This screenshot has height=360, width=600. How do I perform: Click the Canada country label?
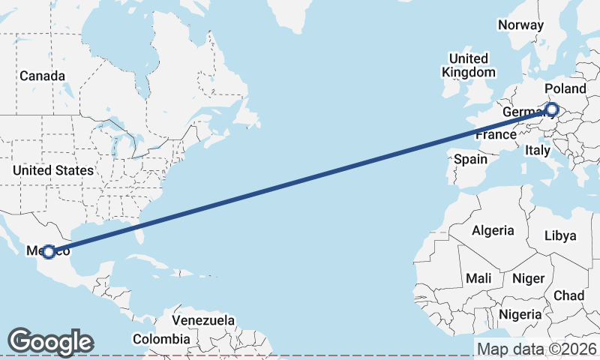click(x=42, y=76)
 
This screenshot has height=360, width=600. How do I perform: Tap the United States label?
click(x=52, y=170)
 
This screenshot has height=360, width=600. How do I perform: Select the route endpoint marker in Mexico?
click(x=49, y=252)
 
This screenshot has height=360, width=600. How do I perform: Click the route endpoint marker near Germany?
click(x=552, y=109)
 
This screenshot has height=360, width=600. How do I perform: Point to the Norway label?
click(x=520, y=25)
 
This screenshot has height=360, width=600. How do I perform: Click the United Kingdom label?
click(x=469, y=65)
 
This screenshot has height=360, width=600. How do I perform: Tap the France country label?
click(x=495, y=135)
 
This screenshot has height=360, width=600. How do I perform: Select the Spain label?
click(x=471, y=159)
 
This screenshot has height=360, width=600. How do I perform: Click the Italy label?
click(x=537, y=150)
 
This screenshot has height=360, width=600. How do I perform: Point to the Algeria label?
click(x=493, y=230)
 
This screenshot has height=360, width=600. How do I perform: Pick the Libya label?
click(x=560, y=235)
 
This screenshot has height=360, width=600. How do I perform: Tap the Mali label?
click(x=478, y=278)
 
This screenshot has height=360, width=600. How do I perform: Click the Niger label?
click(x=528, y=278)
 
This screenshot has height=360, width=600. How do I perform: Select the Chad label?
click(x=569, y=295)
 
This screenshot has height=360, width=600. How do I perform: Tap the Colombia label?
click(x=160, y=338)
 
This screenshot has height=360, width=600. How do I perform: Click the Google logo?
click(x=50, y=342)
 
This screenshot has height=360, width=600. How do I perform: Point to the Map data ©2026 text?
click(x=537, y=349)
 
